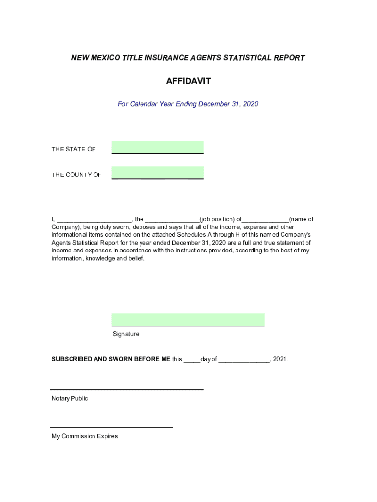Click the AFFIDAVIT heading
tap(188, 81)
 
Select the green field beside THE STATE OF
tap(157, 147)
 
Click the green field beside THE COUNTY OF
tap(157, 173)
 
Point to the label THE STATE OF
tap(73, 149)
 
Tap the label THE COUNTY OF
tap(76, 175)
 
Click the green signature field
tap(188, 319)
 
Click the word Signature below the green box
tap(126, 334)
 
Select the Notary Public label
tap(70, 398)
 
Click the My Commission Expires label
tap(85, 436)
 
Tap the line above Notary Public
tap(127, 389)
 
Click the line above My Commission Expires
tap(112, 427)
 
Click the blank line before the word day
tap(191, 360)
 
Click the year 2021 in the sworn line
tap(280, 359)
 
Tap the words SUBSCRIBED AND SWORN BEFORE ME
tap(111, 359)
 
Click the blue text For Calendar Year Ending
tap(157, 104)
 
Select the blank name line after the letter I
tap(94, 220)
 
